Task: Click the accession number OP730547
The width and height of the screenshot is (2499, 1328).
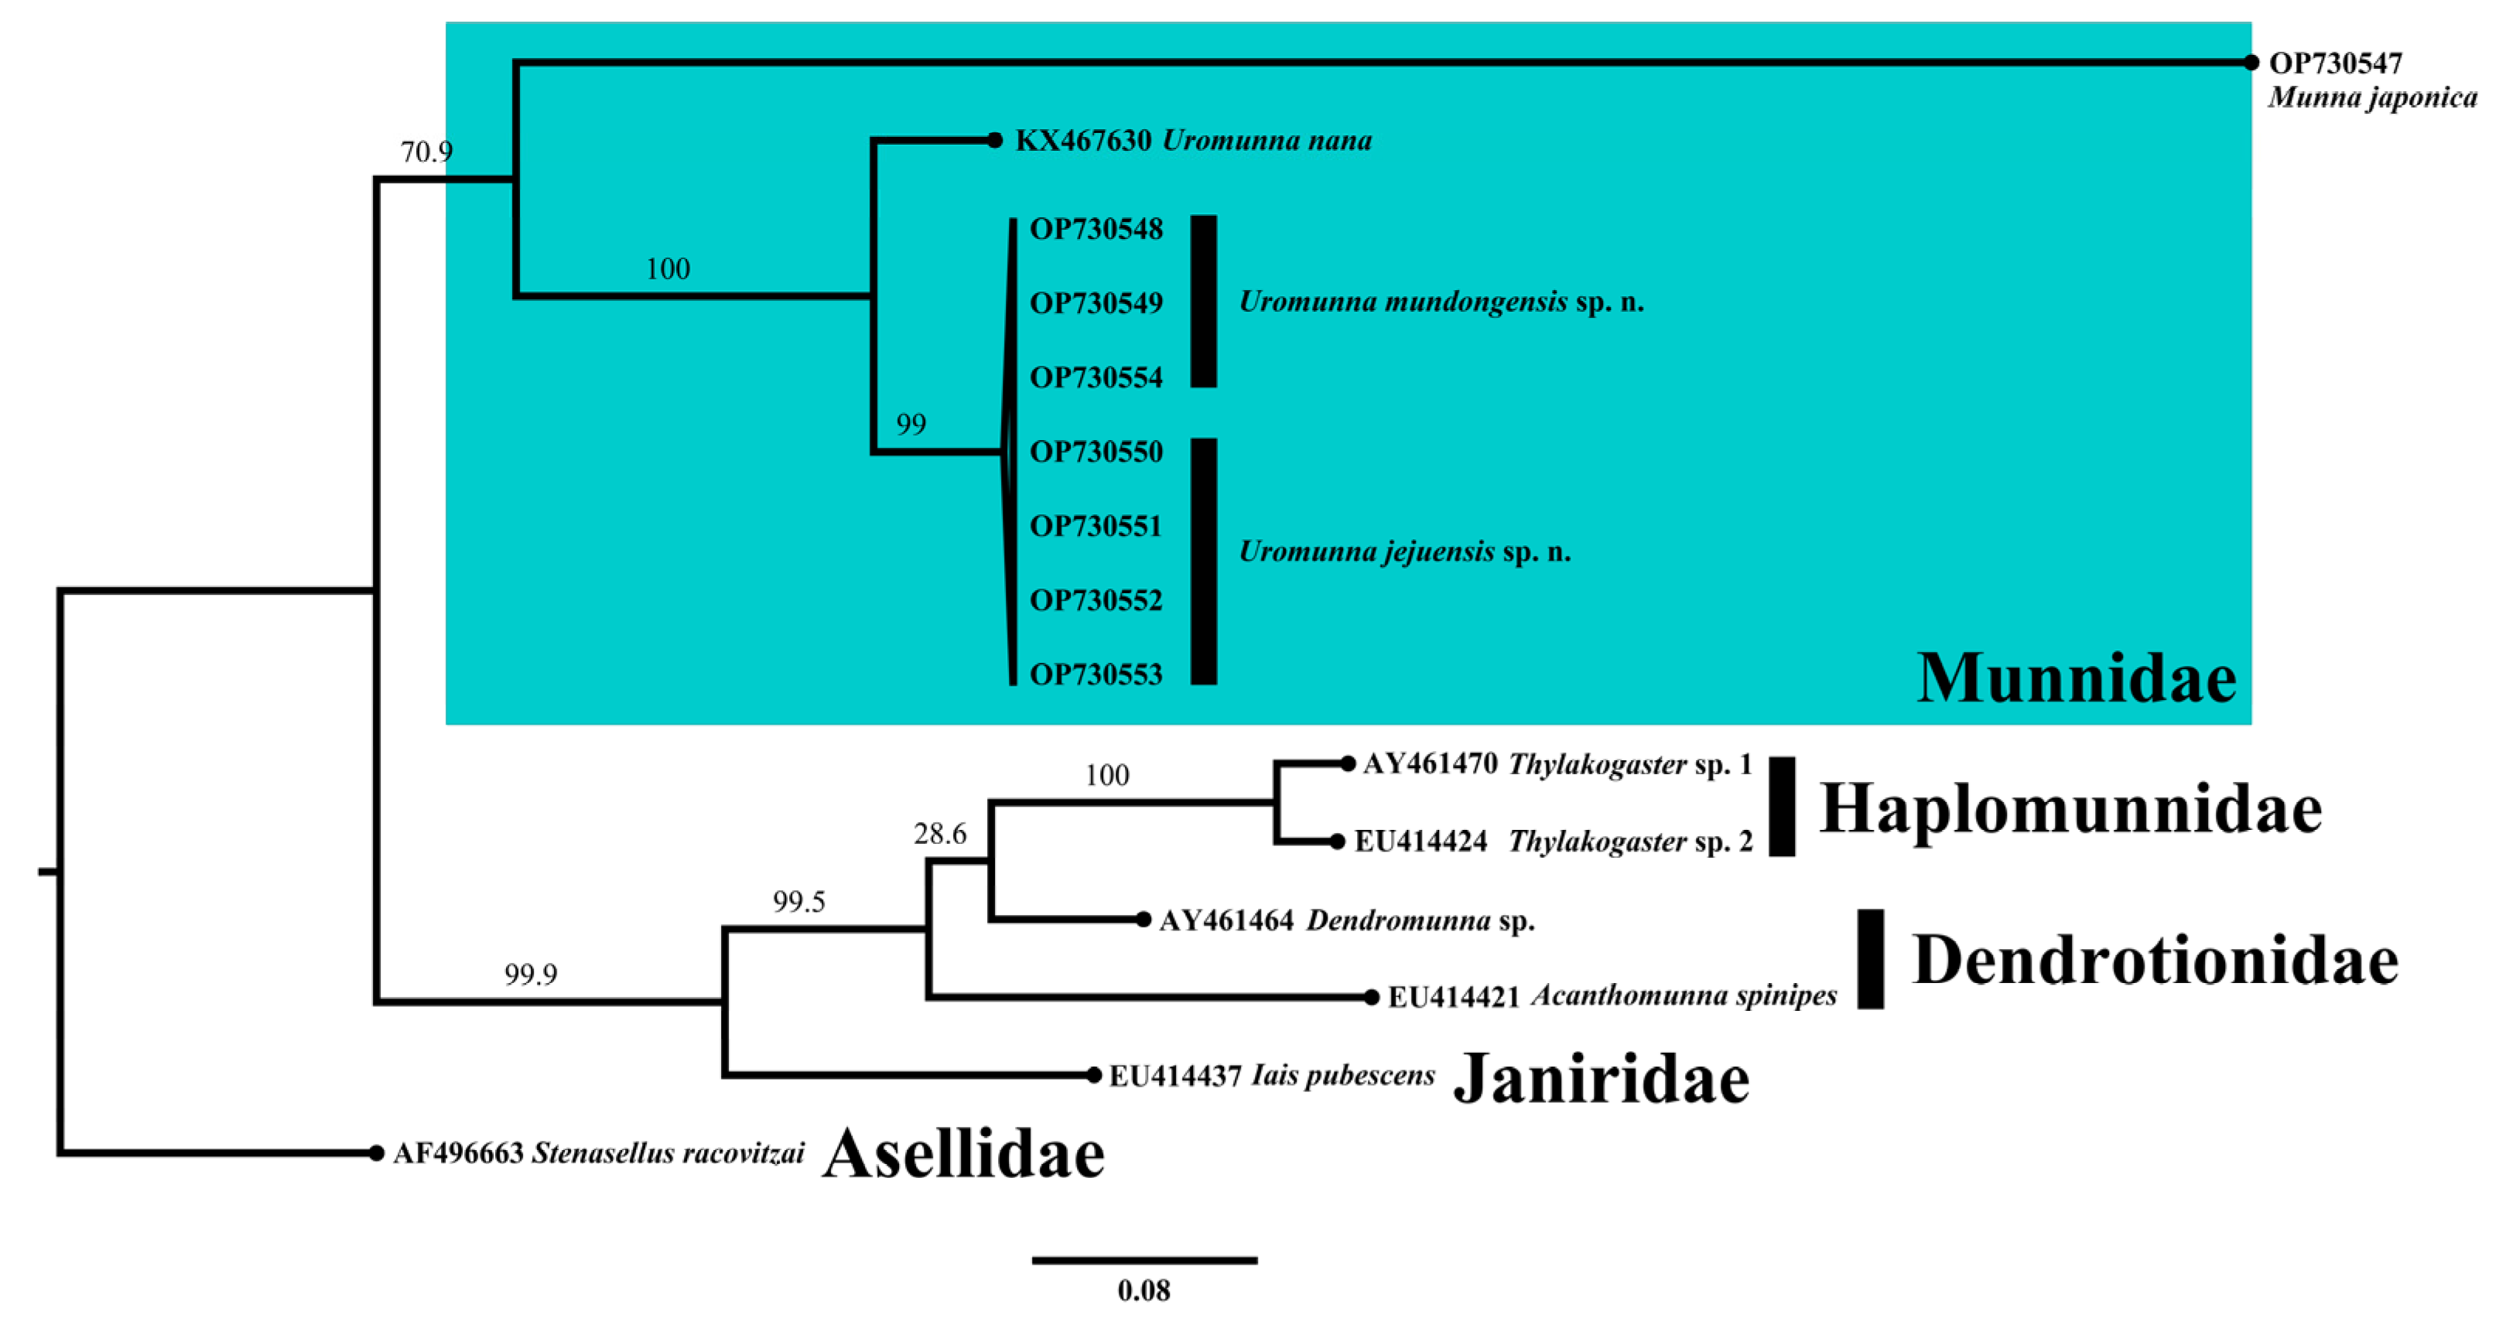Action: [x=2335, y=64]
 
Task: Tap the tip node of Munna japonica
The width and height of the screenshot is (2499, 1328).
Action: [x=2251, y=62]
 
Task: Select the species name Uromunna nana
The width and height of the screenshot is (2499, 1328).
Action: [x=1267, y=142]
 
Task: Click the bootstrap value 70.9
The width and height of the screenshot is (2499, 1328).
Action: [x=427, y=152]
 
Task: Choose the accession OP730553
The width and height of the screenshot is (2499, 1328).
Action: [x=1096, y=675]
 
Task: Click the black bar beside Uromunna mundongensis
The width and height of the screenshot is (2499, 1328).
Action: [x=1204, y=302]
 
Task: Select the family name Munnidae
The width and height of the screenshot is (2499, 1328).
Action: [x=2076, y=678]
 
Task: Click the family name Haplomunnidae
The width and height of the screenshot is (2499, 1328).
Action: [x=2070, y=809]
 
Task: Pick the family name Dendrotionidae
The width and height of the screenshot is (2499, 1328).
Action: [x=2155, y=961]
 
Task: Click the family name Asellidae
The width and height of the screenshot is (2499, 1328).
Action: [x=963, y=1154]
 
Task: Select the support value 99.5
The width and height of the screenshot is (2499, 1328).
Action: [x=798, y=902]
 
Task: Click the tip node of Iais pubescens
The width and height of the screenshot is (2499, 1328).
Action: [x=1093, y=1075]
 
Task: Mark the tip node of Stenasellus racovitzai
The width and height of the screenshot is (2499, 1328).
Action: [x=377, y=1153]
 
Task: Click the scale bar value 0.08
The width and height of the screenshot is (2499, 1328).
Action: [x=1144, y=1291]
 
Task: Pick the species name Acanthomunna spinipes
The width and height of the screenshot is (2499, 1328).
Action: [x=1684, y=996]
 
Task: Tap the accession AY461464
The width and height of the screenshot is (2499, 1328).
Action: [x=1226, y=920]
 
